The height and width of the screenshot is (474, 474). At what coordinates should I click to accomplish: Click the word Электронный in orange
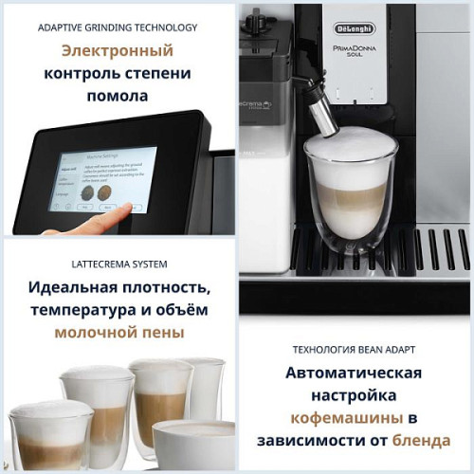coord(117,51)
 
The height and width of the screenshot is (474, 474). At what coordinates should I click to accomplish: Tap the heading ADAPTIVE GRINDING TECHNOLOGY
coord(118,27)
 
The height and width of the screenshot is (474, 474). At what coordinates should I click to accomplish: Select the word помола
coord(118,97)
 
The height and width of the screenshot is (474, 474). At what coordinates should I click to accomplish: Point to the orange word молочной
coord(96,333)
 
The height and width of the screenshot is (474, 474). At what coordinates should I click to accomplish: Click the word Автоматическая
coord(355,373)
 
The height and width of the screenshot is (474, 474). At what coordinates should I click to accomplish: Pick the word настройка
coord(355,395)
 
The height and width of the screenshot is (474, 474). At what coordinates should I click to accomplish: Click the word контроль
coord(81,74)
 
